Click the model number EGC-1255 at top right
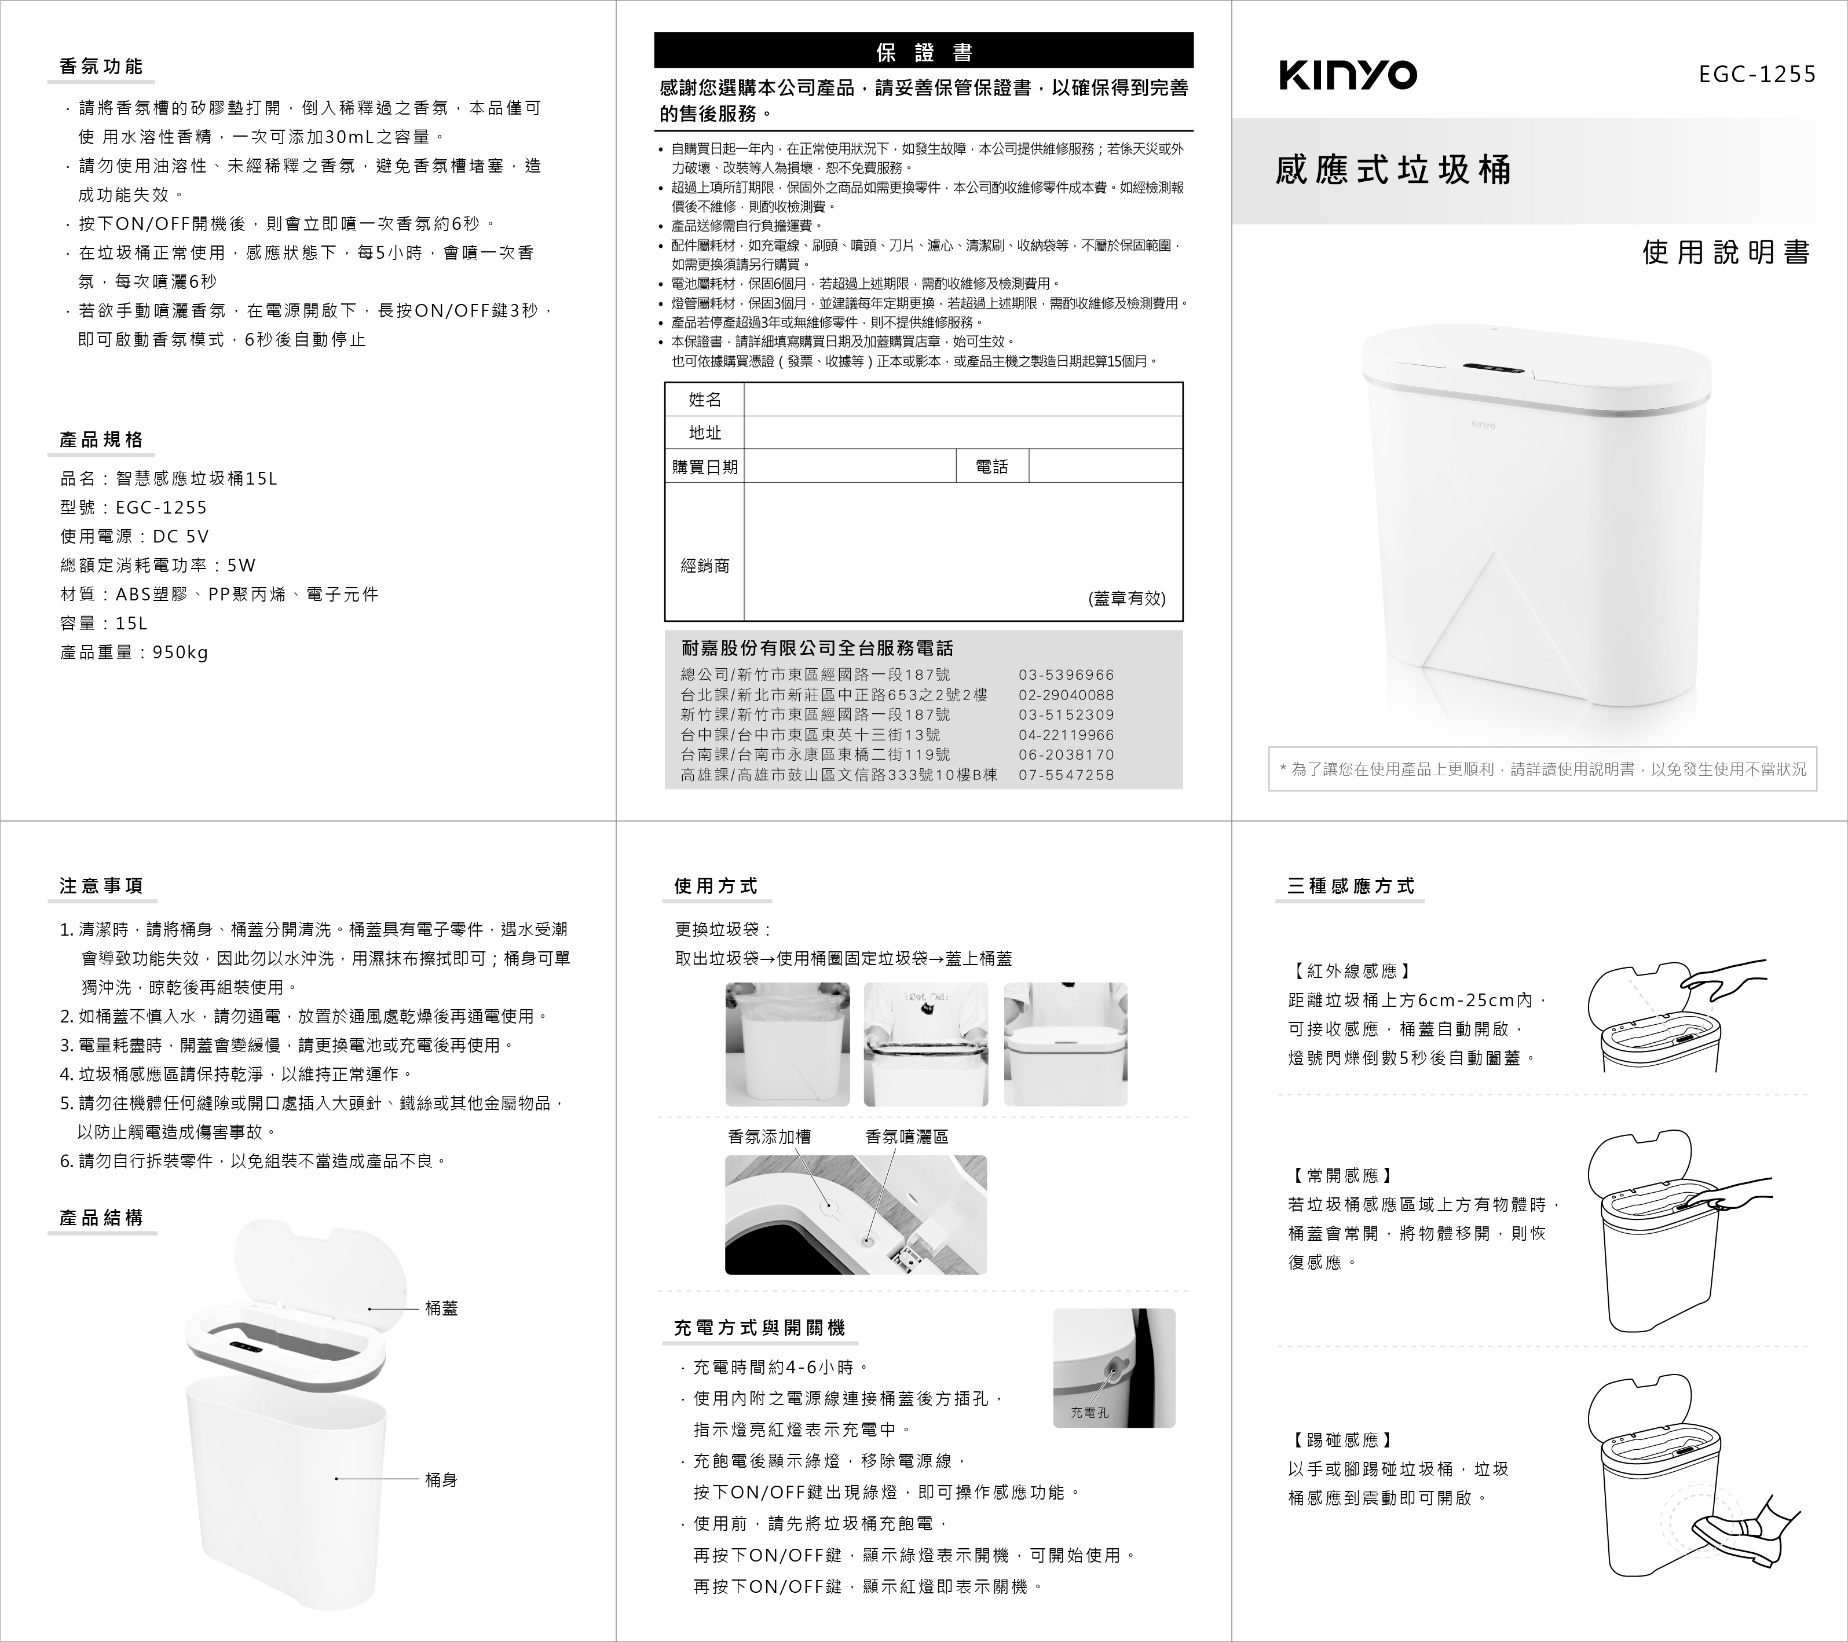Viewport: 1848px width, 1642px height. tap(1756, 75)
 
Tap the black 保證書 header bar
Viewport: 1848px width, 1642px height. tap(923, 52)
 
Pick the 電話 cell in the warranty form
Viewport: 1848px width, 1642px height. tap(992, 466)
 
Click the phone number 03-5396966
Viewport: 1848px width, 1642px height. tap(1066, 675)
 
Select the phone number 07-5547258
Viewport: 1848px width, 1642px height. tap(1066, 775)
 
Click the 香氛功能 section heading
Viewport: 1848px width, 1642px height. tap(101, 67)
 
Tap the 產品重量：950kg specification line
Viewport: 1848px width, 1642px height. tap(134, 653)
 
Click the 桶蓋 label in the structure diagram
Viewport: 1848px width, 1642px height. tap(441, 1309)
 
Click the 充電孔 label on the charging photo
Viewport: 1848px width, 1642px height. tap(1089, 1413)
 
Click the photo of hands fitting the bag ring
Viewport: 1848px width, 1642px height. tap(926, 1044)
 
